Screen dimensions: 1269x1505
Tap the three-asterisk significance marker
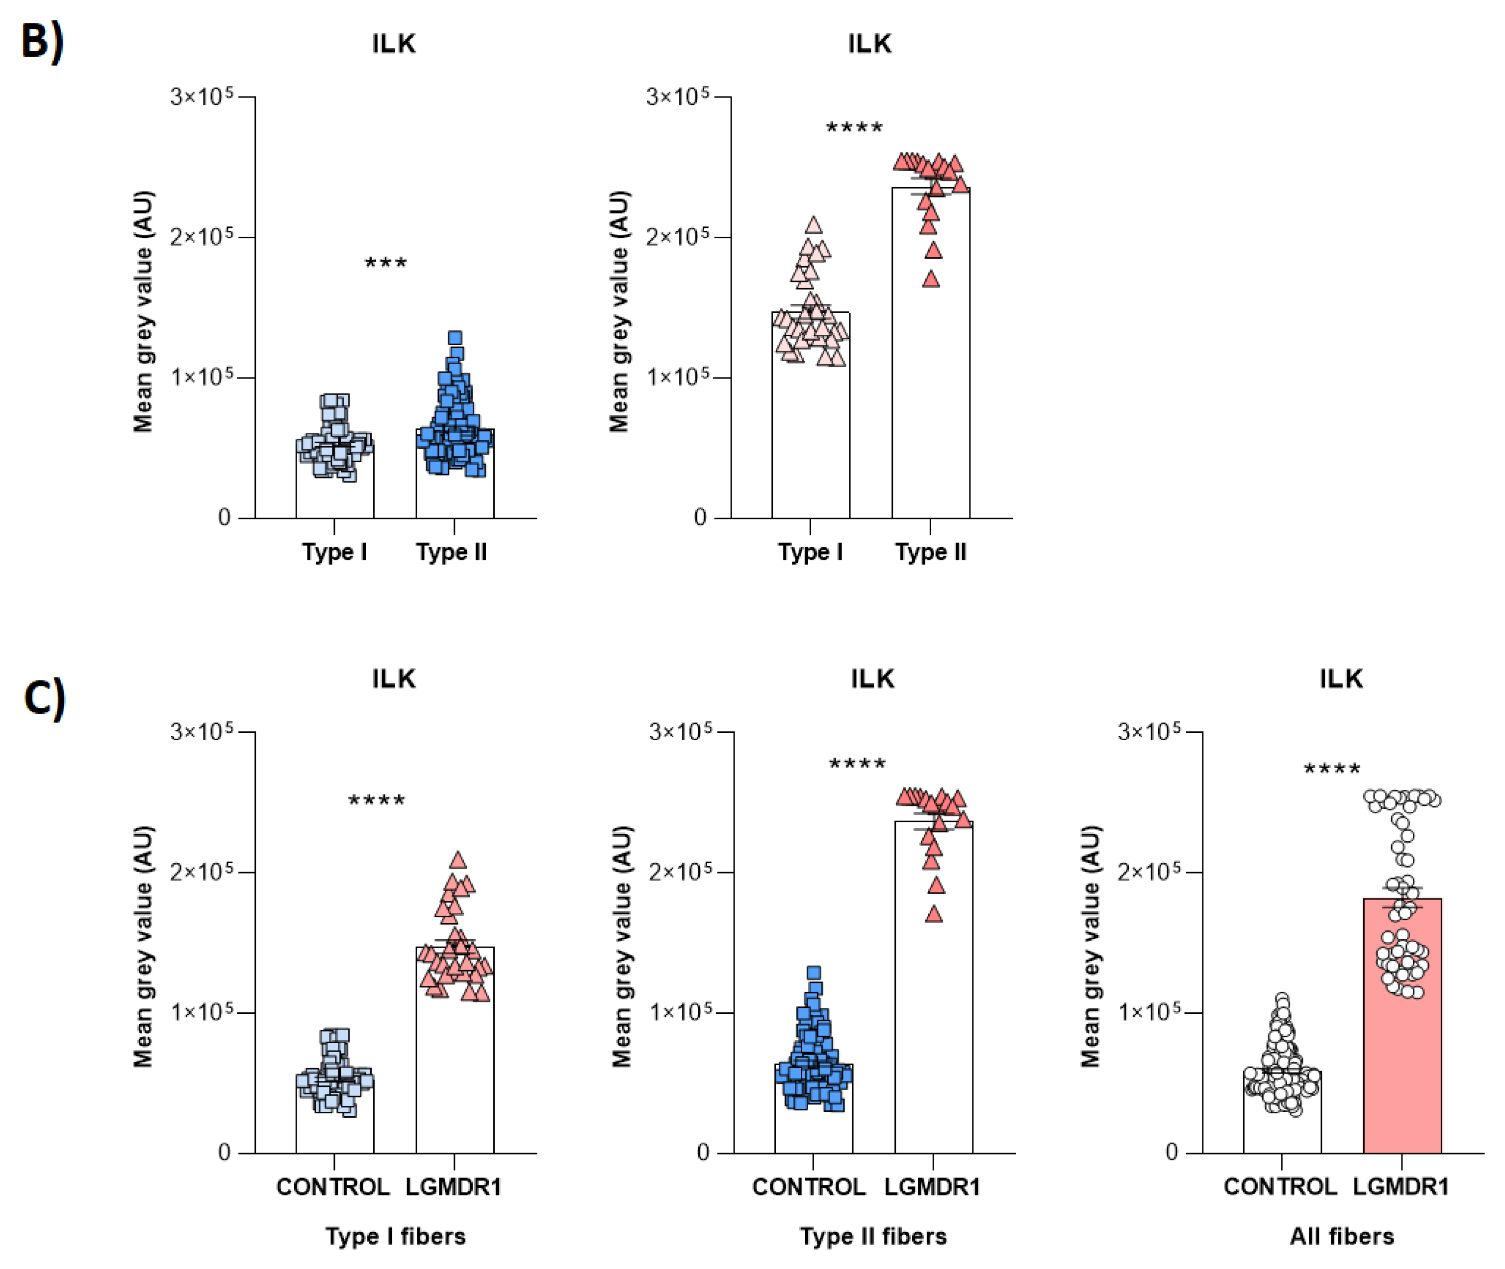click(386, 263)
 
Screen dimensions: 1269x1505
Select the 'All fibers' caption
click(1341, 1236)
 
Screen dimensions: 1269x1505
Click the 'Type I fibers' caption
click(395, 1236)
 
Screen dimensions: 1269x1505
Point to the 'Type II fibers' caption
click(873, 1236)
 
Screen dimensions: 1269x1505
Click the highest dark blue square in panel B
click(455, 337)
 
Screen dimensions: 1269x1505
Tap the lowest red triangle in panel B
click(931, 279)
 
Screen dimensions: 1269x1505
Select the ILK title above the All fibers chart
click(1340, 679)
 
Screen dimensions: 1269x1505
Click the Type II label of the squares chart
click(451, 552)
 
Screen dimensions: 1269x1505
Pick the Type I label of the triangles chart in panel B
click(810, 552)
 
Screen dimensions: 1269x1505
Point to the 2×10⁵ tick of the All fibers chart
click(1150, 872)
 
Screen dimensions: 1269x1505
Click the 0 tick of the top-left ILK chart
click(224, 517)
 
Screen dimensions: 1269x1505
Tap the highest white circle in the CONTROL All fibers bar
click(1282, 1000)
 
